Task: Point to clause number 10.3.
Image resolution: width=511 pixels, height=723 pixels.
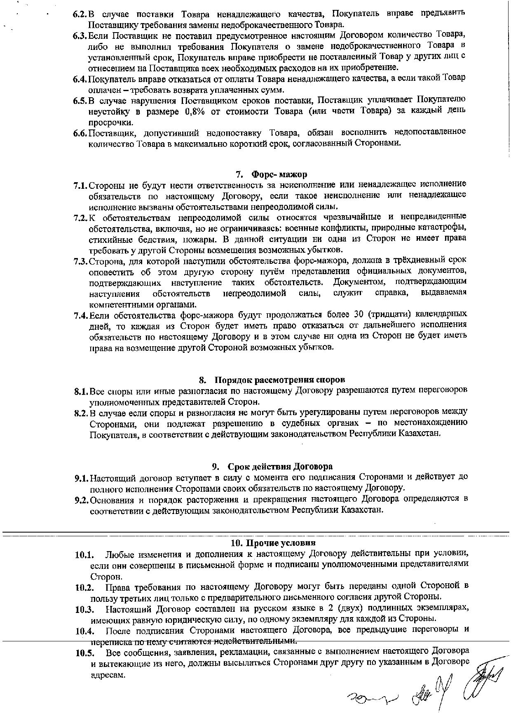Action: click(84, 609)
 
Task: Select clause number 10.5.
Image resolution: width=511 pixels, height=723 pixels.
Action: click(84, 653)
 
